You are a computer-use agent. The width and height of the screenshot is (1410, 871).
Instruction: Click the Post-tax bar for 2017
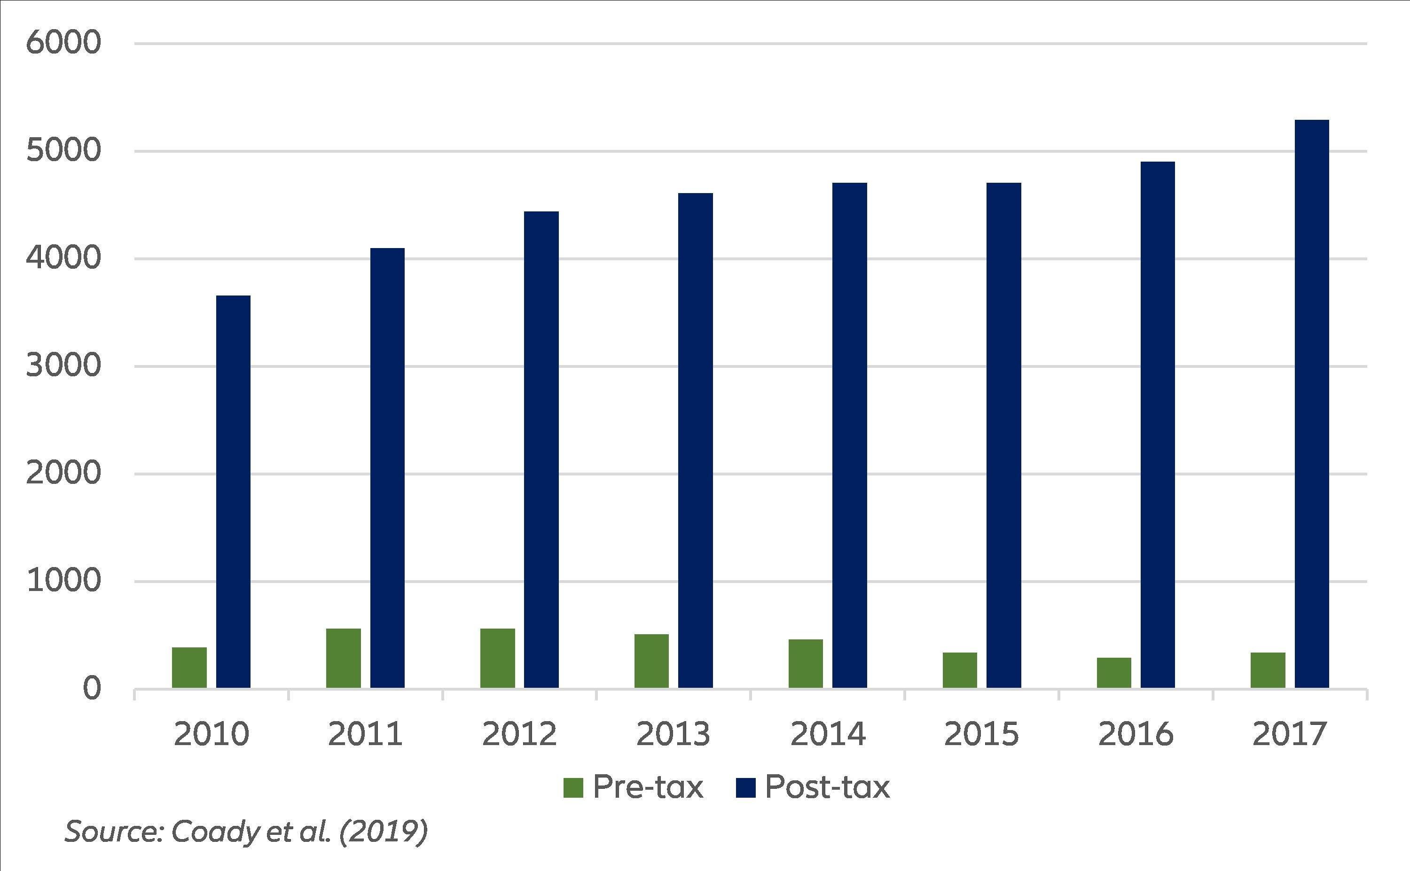tap(1311, 403)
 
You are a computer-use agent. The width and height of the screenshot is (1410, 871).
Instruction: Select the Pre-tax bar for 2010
tap(189, 668)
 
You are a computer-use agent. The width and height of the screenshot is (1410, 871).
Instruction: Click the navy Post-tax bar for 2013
tap(695, 440)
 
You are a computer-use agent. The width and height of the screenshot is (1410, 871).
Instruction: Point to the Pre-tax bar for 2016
tap(1114, 673)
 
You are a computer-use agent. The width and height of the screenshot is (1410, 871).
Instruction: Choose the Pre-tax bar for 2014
tap(806, 664)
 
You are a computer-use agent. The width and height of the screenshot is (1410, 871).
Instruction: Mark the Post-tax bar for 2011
tap(387, 468)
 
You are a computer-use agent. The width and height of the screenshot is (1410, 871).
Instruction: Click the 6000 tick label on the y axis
tap(63, 43)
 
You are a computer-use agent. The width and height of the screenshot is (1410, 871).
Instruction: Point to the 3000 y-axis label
tap(63, 366)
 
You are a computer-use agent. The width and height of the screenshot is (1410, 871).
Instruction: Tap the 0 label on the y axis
tap(92, 688)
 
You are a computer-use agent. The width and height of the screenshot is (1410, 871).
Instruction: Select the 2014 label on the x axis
tap(828, 734)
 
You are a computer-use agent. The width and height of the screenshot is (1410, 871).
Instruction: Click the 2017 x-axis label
tap(1290, 734)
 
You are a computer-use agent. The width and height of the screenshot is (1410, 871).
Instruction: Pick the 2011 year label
tap(365, 734)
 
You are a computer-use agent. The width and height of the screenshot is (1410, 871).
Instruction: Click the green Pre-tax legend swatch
tap(573, 788)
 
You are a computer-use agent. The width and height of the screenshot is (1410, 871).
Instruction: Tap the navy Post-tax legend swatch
tap(745, 788)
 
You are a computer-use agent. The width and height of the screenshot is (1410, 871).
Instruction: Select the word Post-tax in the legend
tap(827, 787)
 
